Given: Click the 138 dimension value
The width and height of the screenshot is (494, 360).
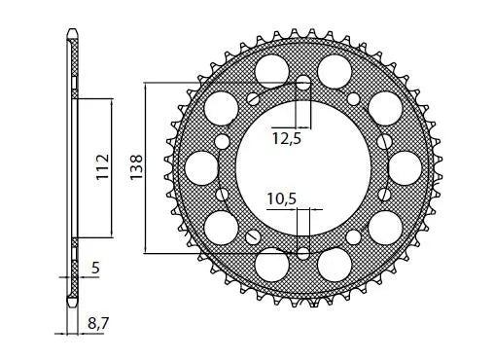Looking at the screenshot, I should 137,167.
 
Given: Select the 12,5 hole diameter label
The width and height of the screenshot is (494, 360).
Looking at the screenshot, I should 286,139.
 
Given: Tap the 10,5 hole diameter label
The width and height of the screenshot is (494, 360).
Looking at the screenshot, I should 281,198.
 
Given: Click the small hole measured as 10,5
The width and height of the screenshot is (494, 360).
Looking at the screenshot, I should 303,254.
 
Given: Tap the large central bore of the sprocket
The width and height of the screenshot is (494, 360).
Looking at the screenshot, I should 303,167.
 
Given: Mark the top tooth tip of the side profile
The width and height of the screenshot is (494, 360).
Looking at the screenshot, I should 72,35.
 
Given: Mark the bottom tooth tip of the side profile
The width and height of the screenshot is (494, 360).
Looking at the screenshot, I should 72,301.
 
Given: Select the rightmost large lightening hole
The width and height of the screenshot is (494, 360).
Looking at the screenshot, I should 405,167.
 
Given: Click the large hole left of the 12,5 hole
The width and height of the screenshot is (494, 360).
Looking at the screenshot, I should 272,69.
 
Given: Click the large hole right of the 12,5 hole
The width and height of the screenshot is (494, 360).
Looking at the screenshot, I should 335,69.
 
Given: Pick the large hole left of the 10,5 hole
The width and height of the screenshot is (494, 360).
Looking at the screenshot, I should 272,264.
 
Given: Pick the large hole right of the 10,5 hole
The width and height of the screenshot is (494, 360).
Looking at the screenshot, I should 335,264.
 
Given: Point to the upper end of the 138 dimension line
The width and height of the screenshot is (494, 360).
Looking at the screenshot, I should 146,84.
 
